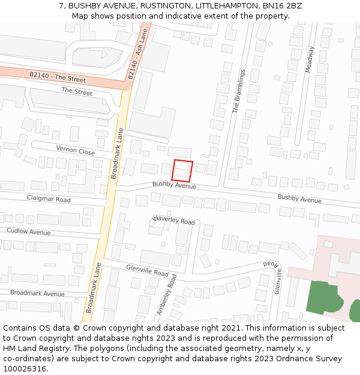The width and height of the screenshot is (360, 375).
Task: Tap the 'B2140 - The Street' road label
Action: [58, 77]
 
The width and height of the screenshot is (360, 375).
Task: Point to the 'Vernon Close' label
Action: [76, 150]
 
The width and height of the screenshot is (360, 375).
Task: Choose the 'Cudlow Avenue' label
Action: [29, 231]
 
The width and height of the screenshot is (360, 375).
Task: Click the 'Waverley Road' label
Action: [175, 221]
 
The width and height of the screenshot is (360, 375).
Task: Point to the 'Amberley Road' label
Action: [167, 295]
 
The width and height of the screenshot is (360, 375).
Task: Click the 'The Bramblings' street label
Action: [239, 91]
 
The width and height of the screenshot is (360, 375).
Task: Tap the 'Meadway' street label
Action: [310, 60]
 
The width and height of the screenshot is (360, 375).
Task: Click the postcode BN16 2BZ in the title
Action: [283, 6]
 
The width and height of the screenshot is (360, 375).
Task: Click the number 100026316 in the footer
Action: [25, 369]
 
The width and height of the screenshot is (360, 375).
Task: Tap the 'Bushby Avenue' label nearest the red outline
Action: [174, 186]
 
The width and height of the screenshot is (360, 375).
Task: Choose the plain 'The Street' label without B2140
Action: [77, 92]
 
